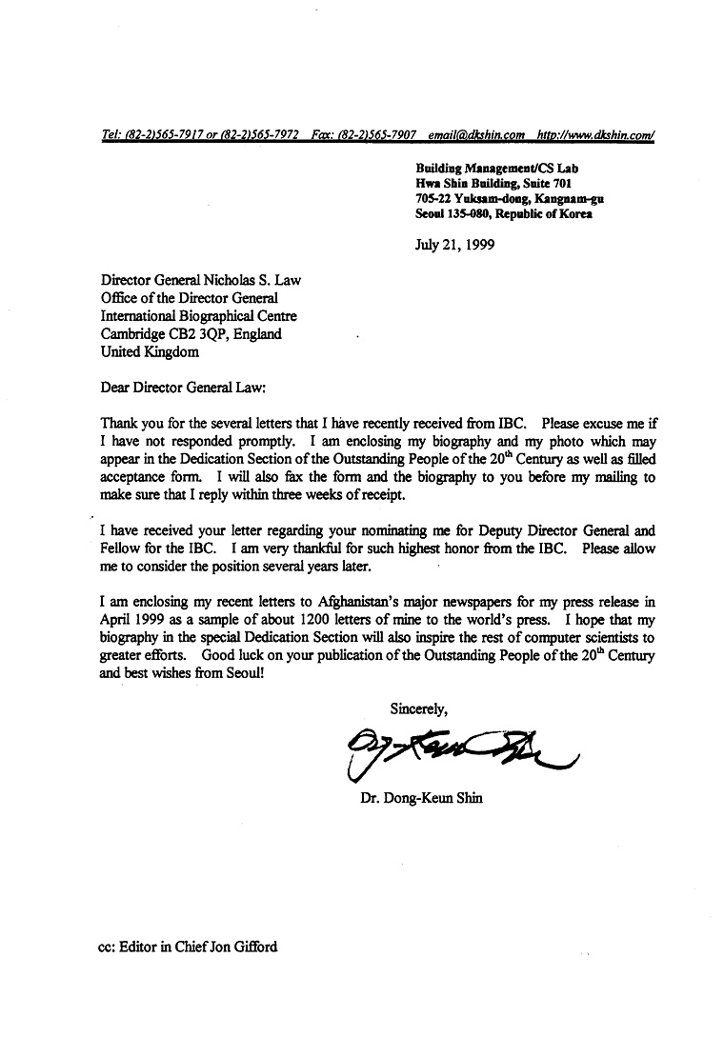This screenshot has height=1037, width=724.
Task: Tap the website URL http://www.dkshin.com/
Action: click(x=595, y=136)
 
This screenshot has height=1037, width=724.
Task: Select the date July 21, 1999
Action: click(x=455, y=243)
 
